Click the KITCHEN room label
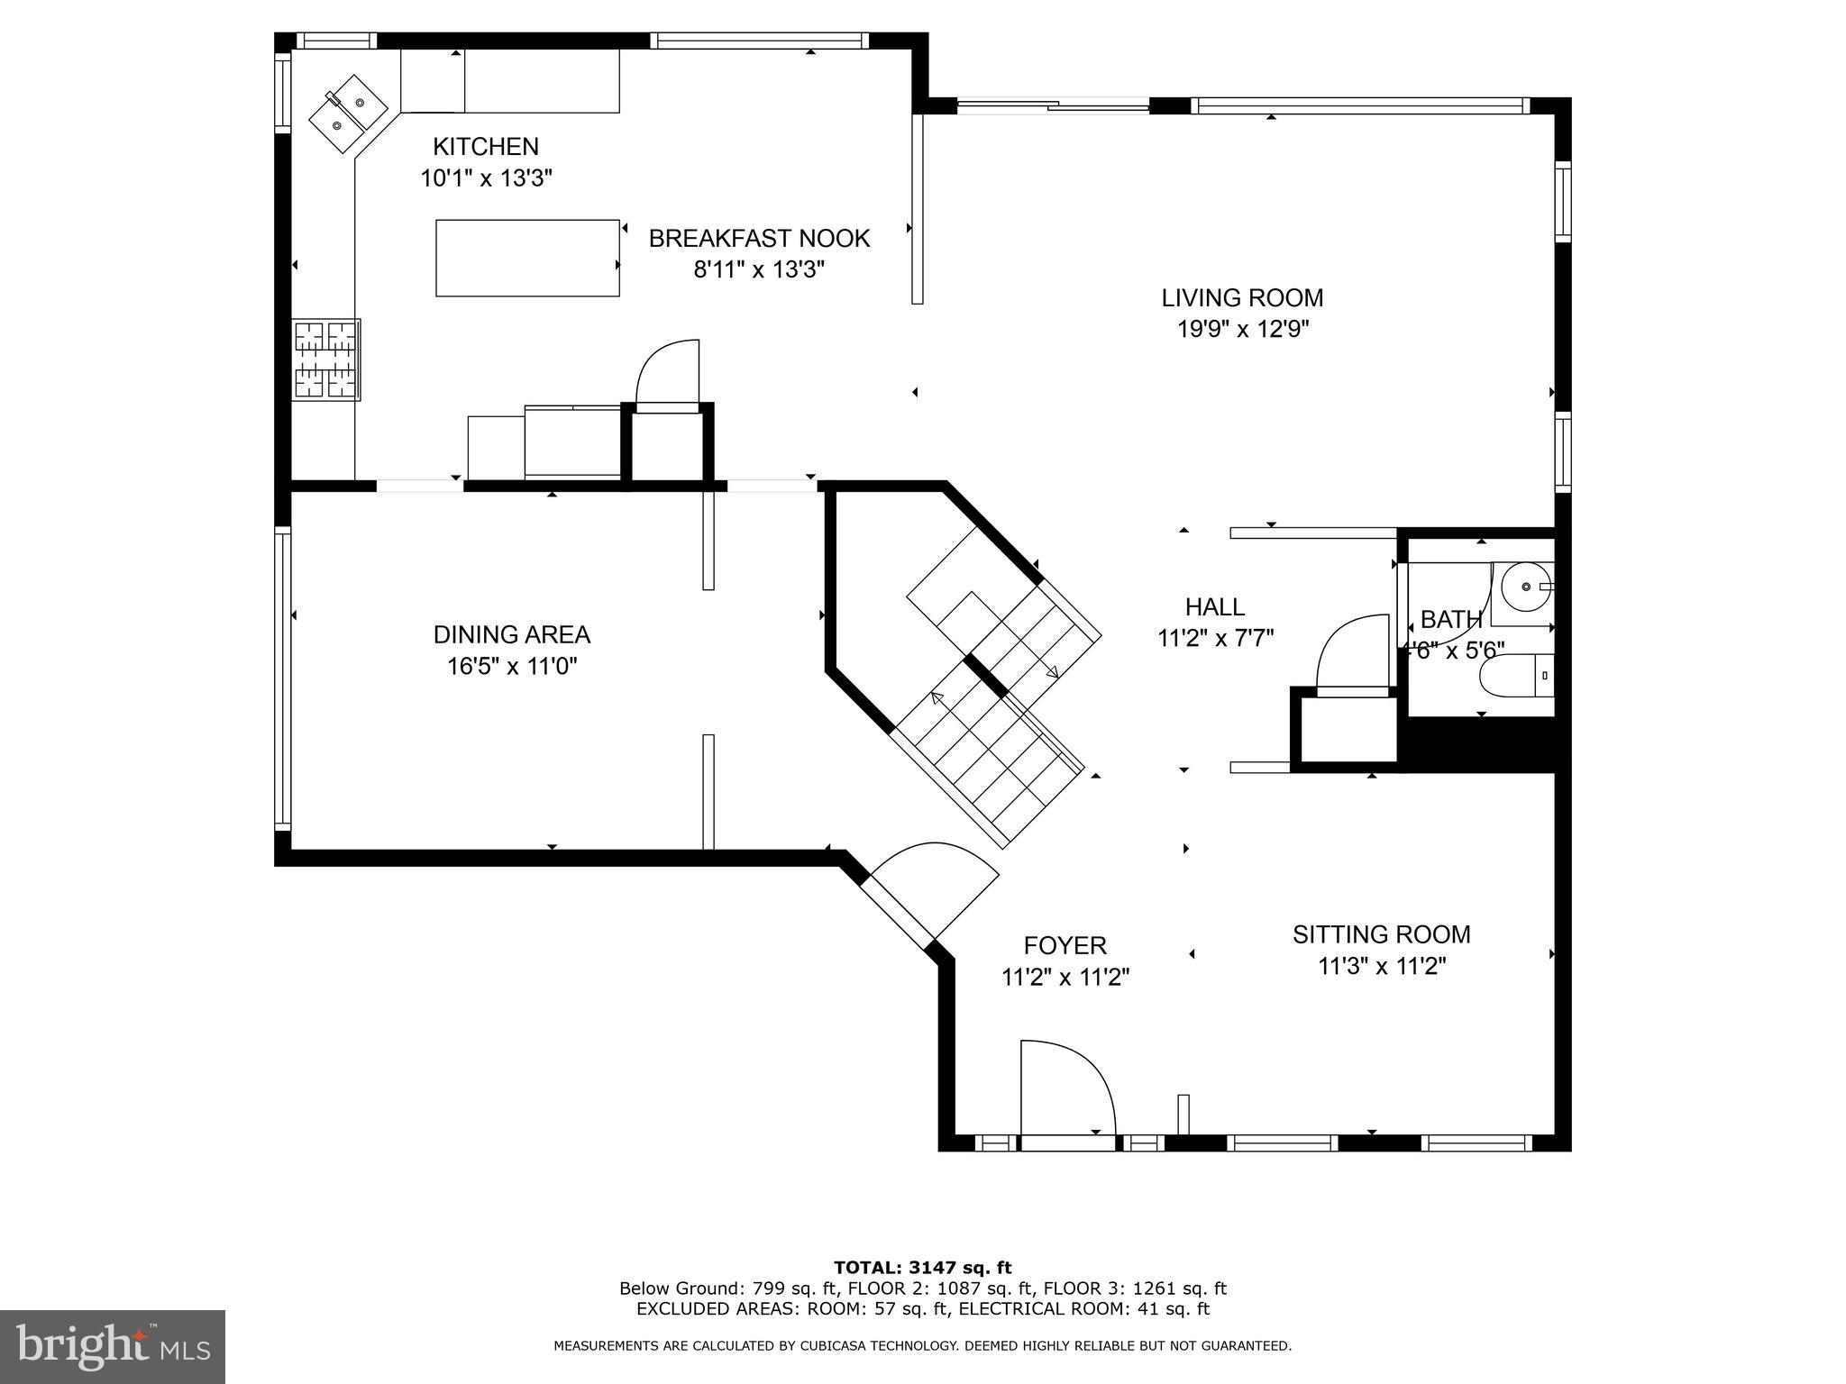point(485,146)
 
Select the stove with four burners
point(326,360)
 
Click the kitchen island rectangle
point(527,258)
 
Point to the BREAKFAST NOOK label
point(759,239)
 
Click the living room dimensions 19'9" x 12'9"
point(1243,329)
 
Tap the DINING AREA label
point(511,635)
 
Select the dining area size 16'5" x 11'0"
point(511,667)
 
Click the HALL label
point(1214,606)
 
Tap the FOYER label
point(1065,945)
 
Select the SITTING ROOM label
point(1381,934)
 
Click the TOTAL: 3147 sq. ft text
point(922,1268)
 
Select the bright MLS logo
point(113,1346)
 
